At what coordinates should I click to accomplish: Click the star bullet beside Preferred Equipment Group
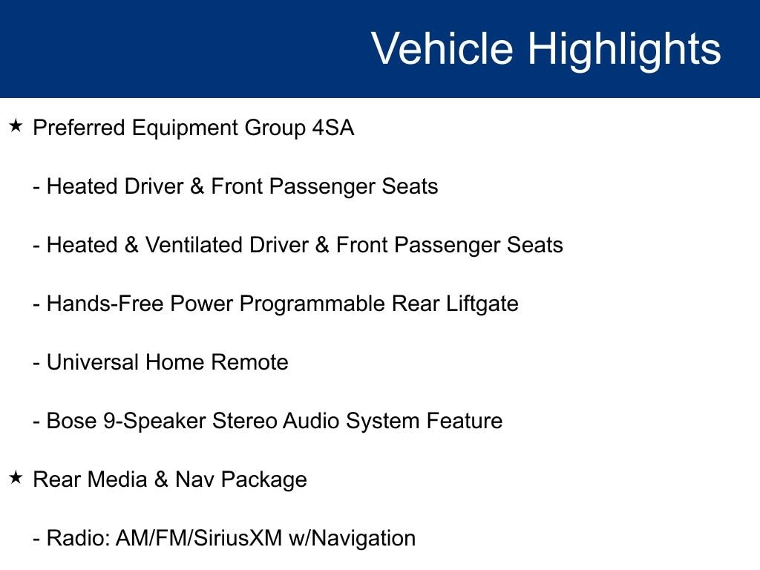pos(16,126)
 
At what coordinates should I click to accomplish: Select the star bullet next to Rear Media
pos(16,478)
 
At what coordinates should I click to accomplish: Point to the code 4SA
pos(333,128)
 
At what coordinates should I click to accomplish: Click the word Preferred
pos(79,128)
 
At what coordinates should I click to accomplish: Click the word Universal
pos(93,362)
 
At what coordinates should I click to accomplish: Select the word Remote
pos(249,362)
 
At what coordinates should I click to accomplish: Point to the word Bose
pos(72,422)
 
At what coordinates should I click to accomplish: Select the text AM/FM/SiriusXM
pos(199,539)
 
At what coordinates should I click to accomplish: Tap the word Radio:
pos(78,539)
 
